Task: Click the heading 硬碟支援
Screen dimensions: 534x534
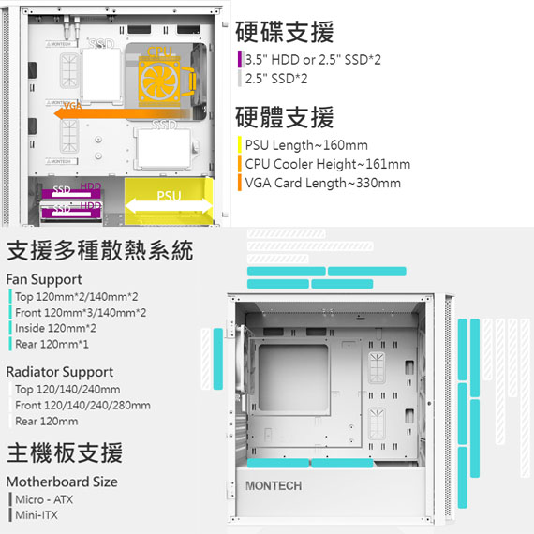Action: coord(285,32)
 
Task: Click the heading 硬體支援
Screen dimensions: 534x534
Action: coord(285,117)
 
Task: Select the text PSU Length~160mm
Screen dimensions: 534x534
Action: coord(306,145)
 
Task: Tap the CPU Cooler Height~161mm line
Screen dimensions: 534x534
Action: coord(328,164)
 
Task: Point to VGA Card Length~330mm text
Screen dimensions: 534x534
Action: coord(323,184)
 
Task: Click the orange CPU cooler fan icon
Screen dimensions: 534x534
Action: coord(159,82)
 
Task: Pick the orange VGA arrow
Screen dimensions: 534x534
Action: coord(121,114)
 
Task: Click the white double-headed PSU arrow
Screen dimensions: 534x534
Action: coord(169,206)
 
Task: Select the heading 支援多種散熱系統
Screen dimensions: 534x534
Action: coord(100,250)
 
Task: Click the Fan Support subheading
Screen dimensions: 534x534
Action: coord(44,279)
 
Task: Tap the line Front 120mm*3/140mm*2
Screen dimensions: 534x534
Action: coord(81,313)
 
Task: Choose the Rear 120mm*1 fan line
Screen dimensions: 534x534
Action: coord(52,345)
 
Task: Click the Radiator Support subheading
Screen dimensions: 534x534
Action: coord(60,372)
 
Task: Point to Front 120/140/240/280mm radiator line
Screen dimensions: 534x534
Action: coord(82,406)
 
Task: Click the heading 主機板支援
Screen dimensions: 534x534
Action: coord(65,452)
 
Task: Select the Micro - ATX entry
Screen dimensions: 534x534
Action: coord(44,499)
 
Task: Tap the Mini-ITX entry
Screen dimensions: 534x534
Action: coord(37,515)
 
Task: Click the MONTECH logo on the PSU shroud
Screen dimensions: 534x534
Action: coord(274,486)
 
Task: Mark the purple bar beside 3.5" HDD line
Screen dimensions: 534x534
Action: coord(240,59)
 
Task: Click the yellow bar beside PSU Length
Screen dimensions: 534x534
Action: coord(240,144)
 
